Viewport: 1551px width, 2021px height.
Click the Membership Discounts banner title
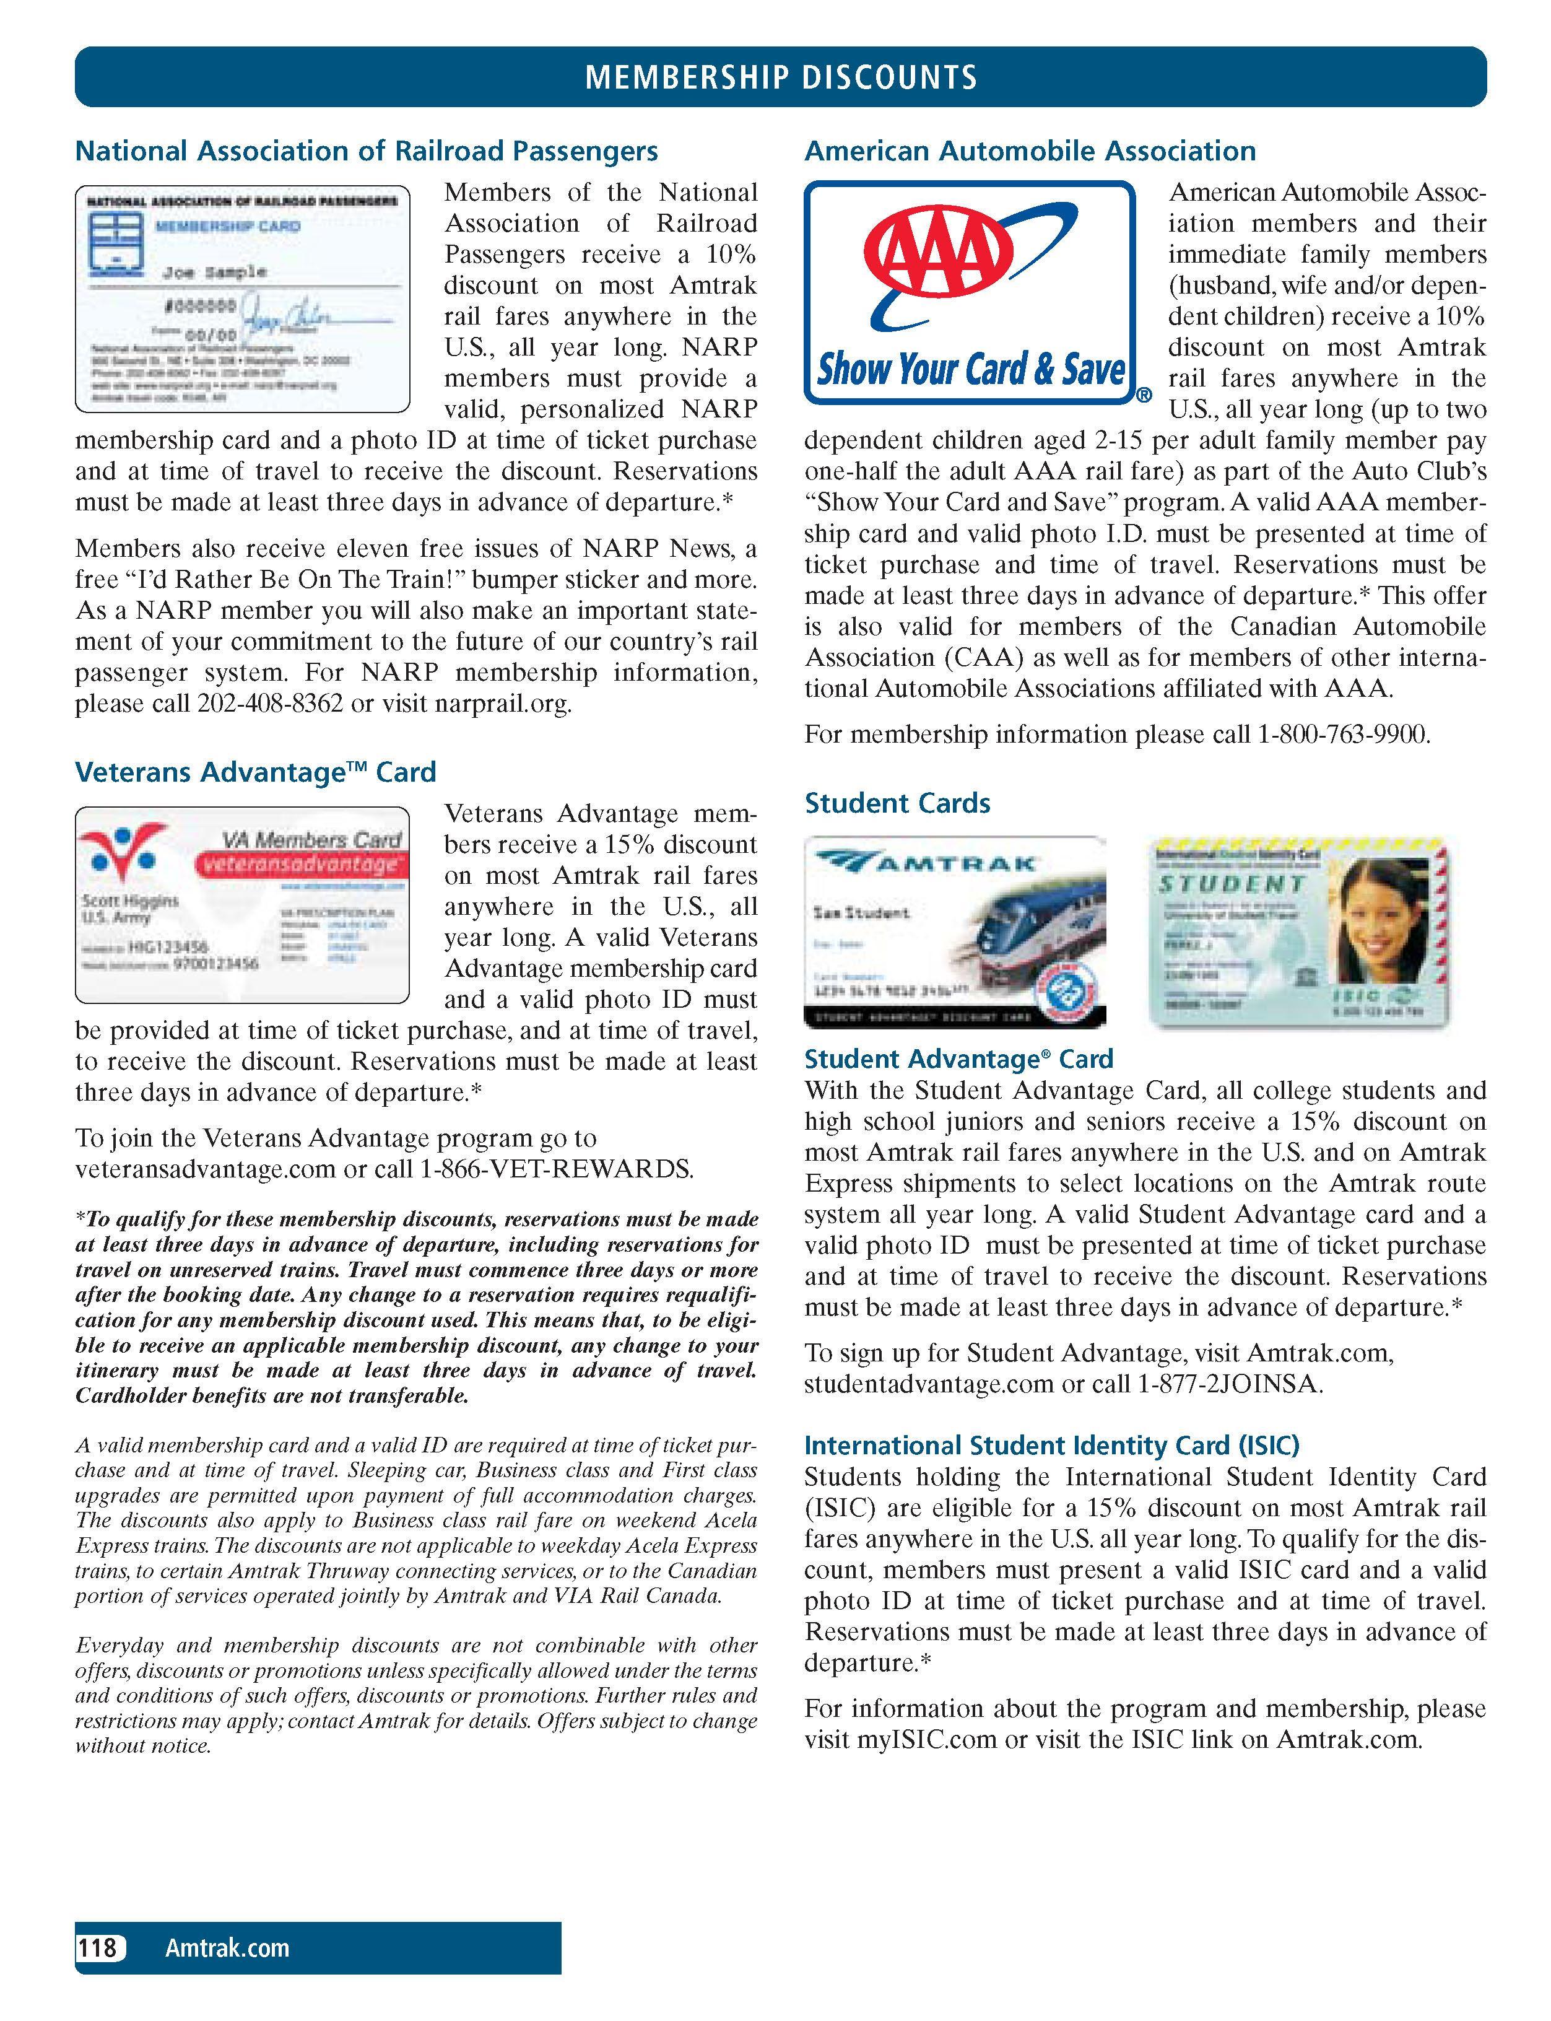(x=781, y=77)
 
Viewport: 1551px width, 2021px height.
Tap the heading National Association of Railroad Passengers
(x=367, y=151)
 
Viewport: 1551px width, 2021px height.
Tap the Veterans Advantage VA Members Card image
(x=242, y=905)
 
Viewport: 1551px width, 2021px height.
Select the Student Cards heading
(x=897, y=803)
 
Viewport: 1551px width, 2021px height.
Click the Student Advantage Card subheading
(x=958, y=1059)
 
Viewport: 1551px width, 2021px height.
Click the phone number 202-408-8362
(x=269, y=704)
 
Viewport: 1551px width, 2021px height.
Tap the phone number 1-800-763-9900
(x=1344, y=735)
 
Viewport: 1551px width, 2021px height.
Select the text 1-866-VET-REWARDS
(x=556, y=1170)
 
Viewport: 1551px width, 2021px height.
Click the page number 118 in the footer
(x=98, y=1948)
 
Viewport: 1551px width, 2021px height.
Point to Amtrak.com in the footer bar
(x=227, y=1948)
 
